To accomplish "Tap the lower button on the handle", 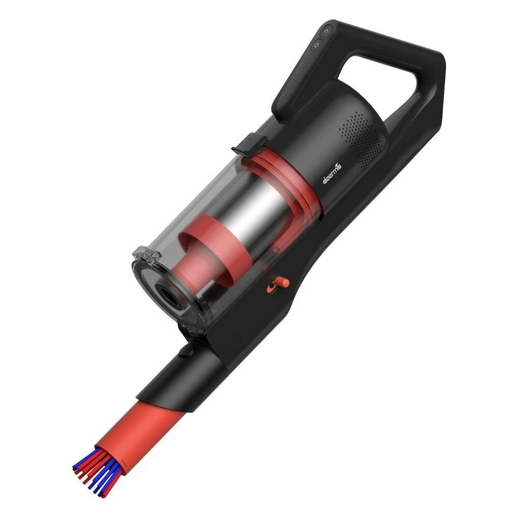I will point(316,45).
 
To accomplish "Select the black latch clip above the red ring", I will point(250,143).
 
